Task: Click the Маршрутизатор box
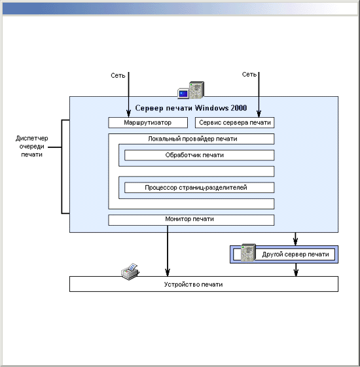(148, 122)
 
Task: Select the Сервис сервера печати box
(234, 122)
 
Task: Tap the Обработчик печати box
(199, 155)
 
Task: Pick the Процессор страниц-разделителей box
(199, 188)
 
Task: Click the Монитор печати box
(191, 220)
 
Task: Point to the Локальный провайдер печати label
(192, 139)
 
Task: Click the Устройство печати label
(193, 285)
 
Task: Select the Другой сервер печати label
(295, 254)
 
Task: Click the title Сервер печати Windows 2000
(191, 108)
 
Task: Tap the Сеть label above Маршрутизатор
(118, 75)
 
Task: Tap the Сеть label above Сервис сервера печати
(249, 74)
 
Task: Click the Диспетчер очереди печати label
(32, 147)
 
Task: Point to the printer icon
(130, 271)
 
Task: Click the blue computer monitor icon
(183, 94)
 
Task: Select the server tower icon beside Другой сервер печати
(248, 253)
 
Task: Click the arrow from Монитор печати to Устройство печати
(168, 251)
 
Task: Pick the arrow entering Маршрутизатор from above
(128, 95)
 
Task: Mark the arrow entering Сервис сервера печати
(259, 95)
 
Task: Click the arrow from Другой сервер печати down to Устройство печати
(296, 270)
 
